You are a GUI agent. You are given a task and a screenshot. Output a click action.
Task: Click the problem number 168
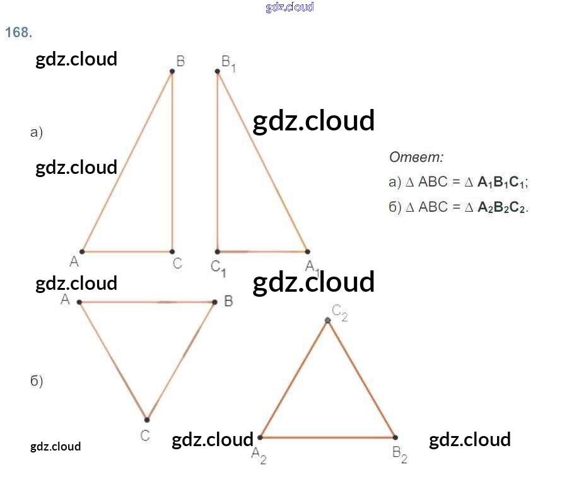18,33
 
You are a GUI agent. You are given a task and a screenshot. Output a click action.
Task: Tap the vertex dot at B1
218,72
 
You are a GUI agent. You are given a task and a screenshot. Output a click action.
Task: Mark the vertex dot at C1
218,251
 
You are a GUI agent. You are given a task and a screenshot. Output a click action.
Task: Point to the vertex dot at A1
307,251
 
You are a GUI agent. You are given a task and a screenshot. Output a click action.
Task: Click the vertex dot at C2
327,321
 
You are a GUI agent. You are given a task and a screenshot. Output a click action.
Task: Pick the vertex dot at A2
260,437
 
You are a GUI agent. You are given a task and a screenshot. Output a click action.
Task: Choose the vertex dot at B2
395,437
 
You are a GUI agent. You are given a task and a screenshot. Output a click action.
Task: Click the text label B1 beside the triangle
228,63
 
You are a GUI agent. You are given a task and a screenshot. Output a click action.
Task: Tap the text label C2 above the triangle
340,311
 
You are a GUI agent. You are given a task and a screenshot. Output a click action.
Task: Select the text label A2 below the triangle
259,455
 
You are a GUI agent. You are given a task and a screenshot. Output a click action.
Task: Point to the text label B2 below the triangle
400,454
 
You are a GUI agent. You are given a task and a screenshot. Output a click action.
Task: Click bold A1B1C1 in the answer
501,183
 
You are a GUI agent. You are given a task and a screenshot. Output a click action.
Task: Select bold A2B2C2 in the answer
501,207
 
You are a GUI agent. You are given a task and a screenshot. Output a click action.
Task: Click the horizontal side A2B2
327,437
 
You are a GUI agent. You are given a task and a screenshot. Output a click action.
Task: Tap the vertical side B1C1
218,161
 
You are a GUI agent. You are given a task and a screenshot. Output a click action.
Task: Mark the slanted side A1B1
262,161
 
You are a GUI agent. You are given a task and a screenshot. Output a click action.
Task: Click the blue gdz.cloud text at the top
289,7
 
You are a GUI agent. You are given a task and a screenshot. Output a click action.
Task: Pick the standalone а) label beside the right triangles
37,132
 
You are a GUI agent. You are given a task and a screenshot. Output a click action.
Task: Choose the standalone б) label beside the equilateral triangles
37,381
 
